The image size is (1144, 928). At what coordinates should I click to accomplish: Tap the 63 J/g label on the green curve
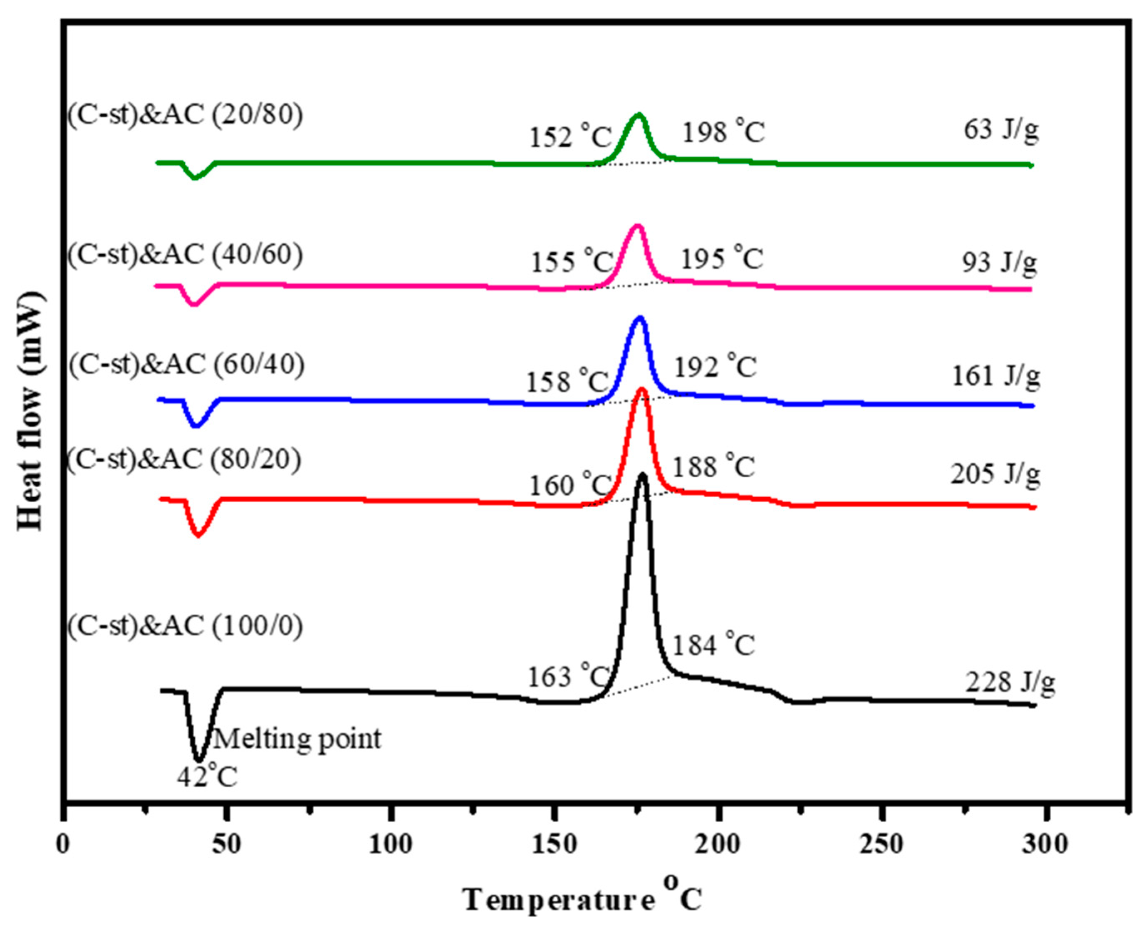pos(1001,130)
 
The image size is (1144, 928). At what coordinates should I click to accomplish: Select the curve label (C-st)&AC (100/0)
pos(185,625)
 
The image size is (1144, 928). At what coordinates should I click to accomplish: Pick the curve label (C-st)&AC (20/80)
pos(185,115)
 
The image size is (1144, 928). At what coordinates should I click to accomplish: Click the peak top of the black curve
pos(642,475)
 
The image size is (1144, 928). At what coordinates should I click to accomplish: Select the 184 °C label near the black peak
pos(713,645)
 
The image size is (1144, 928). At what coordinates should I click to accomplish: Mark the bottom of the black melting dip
pos(199,759)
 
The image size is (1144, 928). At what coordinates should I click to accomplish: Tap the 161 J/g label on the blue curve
pos(995,376)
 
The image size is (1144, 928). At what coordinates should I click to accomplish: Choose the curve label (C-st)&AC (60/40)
pos(186,365)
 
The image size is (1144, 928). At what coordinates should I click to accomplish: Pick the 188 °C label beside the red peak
pos(713,466)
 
